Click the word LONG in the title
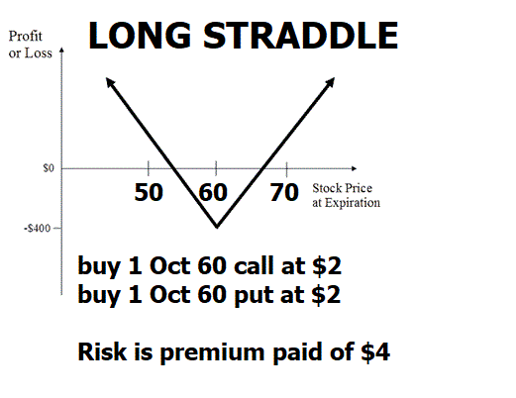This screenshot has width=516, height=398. tap(140, 36)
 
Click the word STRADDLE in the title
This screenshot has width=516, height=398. tap(301, 36)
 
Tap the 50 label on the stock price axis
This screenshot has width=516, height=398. tap(149, 192)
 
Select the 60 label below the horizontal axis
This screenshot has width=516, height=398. tap(213, 192)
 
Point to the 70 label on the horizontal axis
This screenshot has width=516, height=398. tap(284, 192)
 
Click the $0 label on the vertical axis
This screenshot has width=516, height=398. tap(49, 168)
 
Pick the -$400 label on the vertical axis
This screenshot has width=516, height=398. tap(38, 228)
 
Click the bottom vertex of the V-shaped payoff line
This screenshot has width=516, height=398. tap(217, 228)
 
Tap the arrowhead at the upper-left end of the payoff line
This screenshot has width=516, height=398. tap(110, 82)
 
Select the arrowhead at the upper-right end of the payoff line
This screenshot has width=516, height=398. tap(331, 82)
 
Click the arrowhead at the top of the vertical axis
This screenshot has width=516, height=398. tap(61, 50)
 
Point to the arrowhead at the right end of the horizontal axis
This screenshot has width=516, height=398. tap(355, 168)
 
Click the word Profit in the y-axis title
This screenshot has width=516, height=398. tap(26, 36)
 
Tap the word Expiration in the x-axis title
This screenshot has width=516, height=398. tap(353, 203)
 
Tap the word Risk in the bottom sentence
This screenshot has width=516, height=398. tap(102, 351)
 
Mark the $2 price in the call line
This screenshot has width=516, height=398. tap(327, 265)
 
